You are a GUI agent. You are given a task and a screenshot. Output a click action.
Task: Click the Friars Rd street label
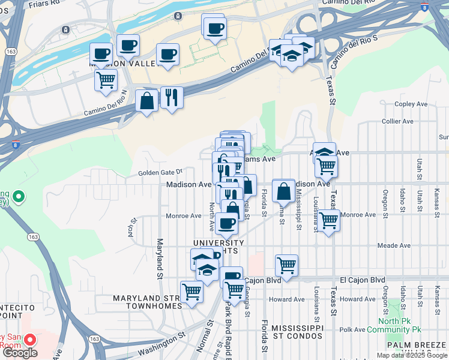[44, 2]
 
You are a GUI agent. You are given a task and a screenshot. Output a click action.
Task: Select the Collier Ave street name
[397, 121]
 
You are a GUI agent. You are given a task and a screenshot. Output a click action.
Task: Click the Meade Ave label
[394, 245]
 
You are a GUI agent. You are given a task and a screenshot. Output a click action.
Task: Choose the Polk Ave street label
[352, 329]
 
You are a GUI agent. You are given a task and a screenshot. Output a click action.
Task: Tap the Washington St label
[155, 343]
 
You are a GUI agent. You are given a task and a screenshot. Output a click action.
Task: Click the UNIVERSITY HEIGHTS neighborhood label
[217, 247]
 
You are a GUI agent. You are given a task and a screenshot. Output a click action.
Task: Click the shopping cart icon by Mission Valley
[106, 80]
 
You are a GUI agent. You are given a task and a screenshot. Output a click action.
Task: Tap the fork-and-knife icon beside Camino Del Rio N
[172, 97]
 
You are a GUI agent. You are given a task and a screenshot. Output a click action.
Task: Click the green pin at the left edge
[19, 196]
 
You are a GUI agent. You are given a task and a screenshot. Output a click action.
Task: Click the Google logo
[20, 353]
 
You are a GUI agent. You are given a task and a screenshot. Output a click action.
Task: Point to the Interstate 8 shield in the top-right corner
[424, 7]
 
